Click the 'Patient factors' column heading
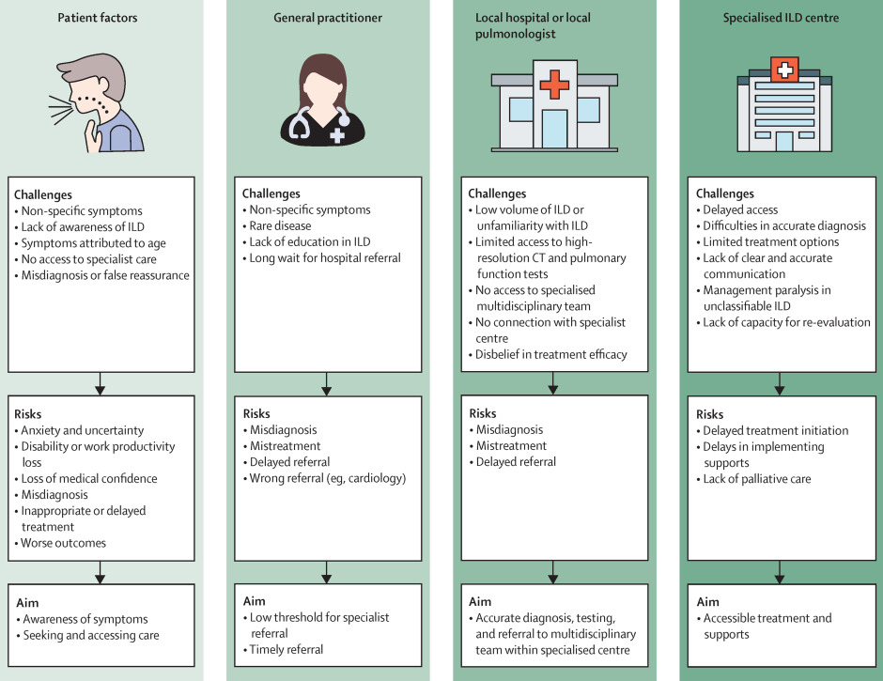point(98,18)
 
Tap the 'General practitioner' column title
point(328,18)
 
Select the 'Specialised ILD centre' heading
point(781,18)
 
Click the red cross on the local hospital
point(554,85)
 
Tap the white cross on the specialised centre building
point(784,70)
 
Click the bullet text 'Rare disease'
point(280,225)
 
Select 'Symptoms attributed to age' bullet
point(94,243)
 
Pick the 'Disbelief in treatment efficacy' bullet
point(550,355)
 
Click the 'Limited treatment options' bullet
point(771,242)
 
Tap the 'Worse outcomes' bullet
point(63,544)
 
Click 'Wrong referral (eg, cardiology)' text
point(328,479)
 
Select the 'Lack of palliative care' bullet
point(757,479)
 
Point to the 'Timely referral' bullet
point(287,650)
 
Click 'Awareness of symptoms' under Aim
point(85,620)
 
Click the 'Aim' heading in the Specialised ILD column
point(708,601)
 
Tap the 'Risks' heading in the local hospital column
point(483,413)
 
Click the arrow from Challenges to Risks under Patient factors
point(100,383)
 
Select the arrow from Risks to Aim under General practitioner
point(326,572)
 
